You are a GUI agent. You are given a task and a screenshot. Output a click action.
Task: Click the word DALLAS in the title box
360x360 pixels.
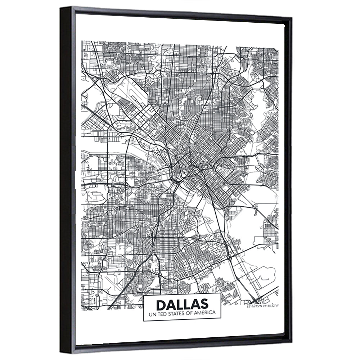coord(182,304)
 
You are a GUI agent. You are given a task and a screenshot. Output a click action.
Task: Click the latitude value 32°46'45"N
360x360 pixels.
coord(254,306)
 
